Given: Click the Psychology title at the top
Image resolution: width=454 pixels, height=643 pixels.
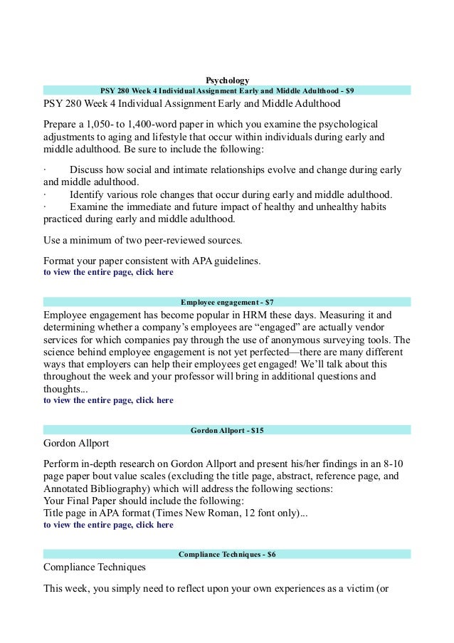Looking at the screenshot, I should point(227,79).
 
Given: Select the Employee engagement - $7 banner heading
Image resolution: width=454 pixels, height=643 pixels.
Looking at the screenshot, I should point(227,303).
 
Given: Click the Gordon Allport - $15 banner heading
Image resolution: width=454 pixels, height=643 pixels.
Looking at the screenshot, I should point(227,431).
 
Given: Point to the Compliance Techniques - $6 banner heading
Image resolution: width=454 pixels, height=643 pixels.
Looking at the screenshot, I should point(227,554).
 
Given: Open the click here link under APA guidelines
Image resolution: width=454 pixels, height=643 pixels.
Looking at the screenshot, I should point(149,272).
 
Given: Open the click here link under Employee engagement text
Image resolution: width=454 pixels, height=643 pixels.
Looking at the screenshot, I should point(149,400).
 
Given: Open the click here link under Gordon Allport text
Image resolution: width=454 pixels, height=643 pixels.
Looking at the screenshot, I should point(149,525).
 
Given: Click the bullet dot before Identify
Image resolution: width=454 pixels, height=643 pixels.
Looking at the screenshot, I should point(44,195).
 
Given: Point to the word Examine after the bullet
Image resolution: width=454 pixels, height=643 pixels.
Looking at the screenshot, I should point(89,207).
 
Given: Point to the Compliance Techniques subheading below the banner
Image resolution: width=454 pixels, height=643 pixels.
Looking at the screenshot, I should point(95,568).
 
